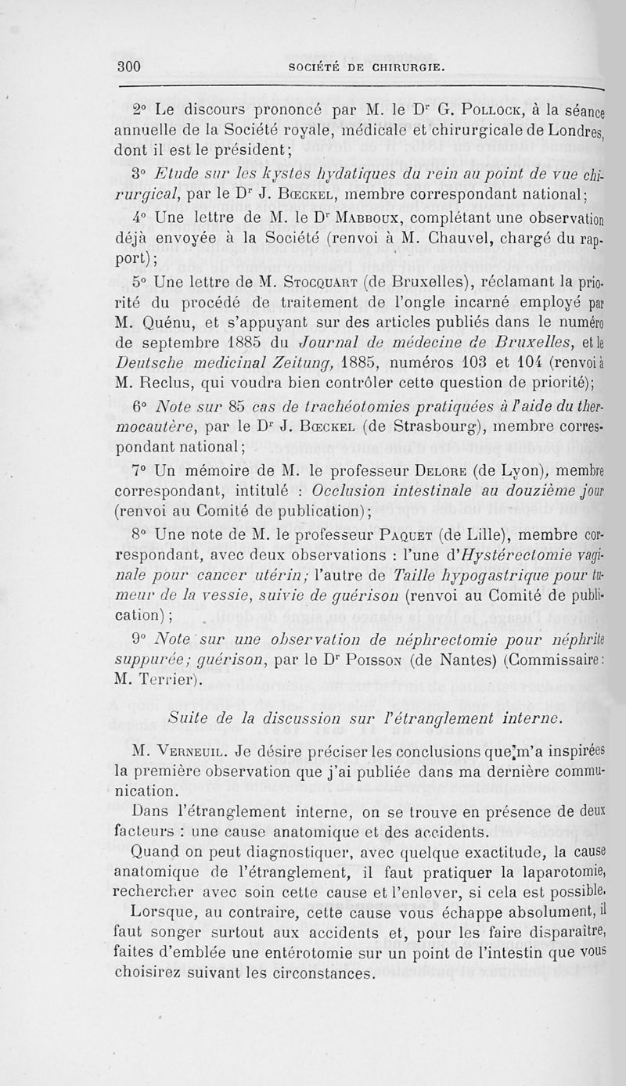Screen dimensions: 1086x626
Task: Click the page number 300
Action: click(x=129, y=67)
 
